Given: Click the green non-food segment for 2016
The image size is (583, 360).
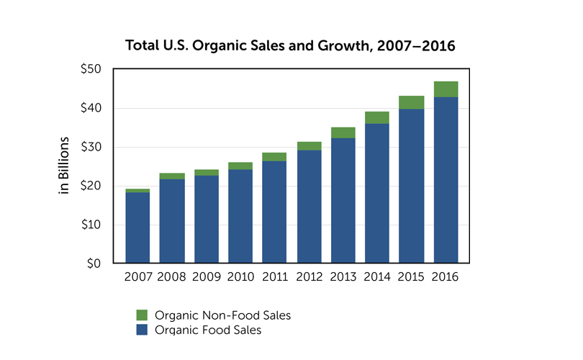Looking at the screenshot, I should pos(446,89).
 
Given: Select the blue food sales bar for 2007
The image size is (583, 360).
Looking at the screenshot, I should pos(137,228).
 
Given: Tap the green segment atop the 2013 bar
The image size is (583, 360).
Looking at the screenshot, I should pos(343,132).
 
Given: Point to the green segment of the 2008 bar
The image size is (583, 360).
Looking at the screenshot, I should pos(172,176).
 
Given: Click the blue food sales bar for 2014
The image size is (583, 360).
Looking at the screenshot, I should pos(377,193).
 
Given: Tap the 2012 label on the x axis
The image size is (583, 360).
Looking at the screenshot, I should pos(309,277).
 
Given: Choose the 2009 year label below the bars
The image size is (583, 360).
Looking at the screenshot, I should pos(206,277).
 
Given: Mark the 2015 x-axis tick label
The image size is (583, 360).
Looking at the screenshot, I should pos(412,277).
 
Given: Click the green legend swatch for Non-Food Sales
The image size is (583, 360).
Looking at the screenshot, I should pos(142,315).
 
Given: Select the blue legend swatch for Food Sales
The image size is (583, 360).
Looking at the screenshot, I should pos(142,330).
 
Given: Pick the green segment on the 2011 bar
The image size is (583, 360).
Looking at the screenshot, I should pos(274,157).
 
